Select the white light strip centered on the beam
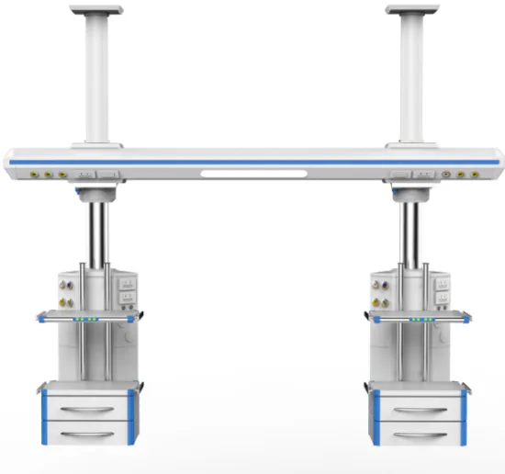click(252, 172)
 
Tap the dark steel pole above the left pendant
click(97, 230)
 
